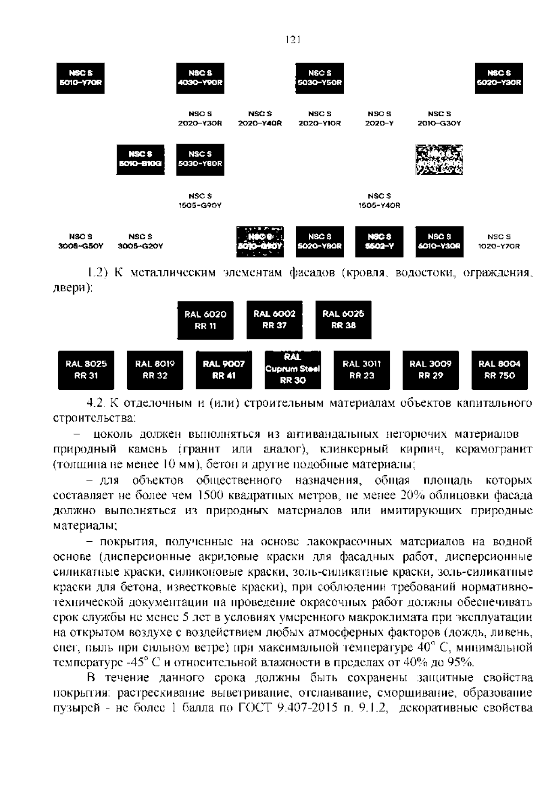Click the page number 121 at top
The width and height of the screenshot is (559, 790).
click(292, 40)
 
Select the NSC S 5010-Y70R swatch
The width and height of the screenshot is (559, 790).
click(80, 78)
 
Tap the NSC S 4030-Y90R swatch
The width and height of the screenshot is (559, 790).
click(200, 78)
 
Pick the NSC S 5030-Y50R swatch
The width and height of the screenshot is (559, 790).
click(320, 78)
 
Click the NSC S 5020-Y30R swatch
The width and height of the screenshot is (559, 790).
click(499, 78)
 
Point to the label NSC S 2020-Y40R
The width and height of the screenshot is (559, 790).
click(260, 119)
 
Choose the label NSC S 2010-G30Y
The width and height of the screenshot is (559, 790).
click(439, 119)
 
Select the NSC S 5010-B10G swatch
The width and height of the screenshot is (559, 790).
click(140, 160)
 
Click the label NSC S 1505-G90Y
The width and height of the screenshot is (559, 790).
click(200, 201)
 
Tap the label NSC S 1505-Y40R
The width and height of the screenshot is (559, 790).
click(379, 201)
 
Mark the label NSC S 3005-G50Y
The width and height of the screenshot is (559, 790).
click(80, 242)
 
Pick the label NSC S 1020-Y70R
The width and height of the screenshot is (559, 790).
click(499, 242)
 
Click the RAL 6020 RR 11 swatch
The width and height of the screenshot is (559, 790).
click(205, 320)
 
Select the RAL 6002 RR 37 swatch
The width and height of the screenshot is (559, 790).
click(274, 320)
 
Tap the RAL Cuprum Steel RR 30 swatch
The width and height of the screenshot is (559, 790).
click(293, 369)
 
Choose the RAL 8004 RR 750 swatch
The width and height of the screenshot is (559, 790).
click(499, 370)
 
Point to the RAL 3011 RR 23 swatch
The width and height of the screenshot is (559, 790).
click(361, 370)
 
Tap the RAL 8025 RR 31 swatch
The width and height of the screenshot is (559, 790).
click(86, 370)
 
